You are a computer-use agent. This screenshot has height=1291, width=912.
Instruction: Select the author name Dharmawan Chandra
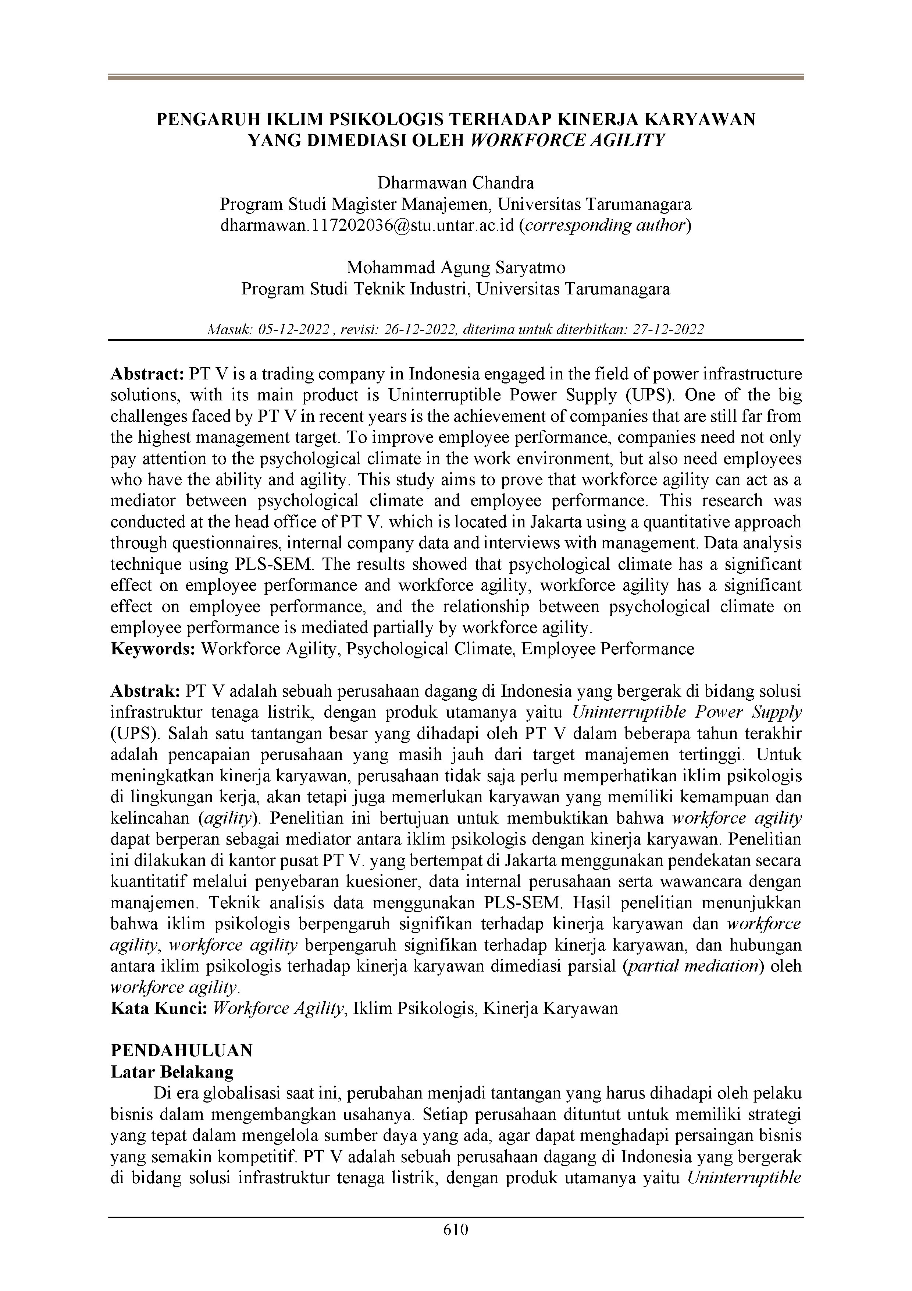[x=456, y=183]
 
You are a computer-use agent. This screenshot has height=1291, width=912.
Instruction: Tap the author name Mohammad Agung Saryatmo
[x=456, y=267]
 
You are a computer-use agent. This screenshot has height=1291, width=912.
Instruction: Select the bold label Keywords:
[x=153, y=649]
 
